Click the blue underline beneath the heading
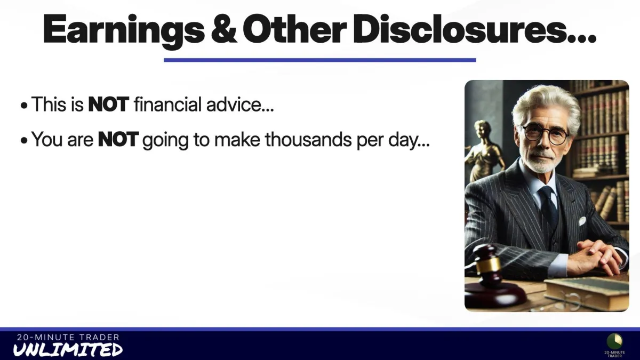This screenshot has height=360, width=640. pyautogui.click(x=319, y=60)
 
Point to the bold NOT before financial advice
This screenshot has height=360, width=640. pyautogui.click(x=109, y=105)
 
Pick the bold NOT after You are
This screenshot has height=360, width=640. pyautogui.click(x=118, y=139)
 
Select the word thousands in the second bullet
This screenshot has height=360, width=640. pyautogui.click(x=308, y=139)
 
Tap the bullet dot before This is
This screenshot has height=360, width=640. pyautogui.click(x=24, y=106)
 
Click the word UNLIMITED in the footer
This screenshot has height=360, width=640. pyautogui.click(x=68, y=350)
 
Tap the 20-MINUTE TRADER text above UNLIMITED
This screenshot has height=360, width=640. pyautogui.click(x=68, y=338)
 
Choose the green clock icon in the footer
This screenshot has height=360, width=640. pyautogui.click(x=614, y=341)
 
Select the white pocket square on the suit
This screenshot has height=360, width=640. pyautogui.click(x=582, y=221)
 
